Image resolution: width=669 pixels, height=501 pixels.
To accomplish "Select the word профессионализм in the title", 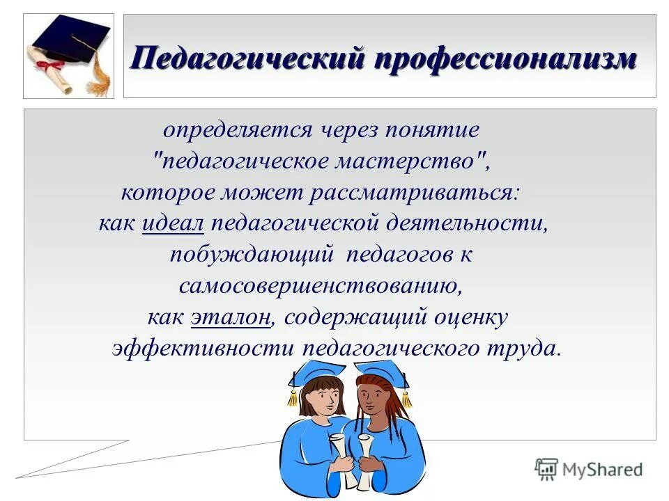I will [506, 58].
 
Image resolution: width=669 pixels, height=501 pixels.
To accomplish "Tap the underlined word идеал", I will [173, 223].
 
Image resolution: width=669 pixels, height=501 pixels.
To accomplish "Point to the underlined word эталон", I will [231, 317].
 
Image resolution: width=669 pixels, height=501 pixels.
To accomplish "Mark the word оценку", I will [472, 317].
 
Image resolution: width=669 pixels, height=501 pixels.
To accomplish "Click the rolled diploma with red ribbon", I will [52, 70].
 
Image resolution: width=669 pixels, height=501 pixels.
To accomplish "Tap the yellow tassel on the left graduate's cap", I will [293, 396].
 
